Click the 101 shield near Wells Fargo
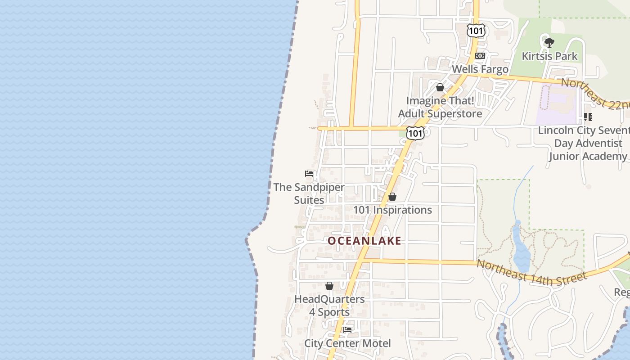pyautogui.click(x=476, y=30)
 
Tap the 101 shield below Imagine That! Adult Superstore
pyautogui.click(x=415, y=133)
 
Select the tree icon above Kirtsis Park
pyautogui.click(x=549, y=43)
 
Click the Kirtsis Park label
pyautogui.click(x=549, y=56)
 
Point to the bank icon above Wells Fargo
pyautogui.click(x=480, y=56)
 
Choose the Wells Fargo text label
pyautogui.click(x=480, y=69)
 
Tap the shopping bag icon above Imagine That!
pyautogui.click(x=440, y=87)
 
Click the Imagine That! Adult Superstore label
pyautogui.click(x=440, y=107)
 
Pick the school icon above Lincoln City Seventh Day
pyautogui.click(x=588, y=117)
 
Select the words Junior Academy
pyautogui.click(x=588, y=156)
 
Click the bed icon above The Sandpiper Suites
pyautogui.click(x=309, y=174)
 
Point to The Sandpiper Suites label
pyautogui.click(x=309, y=193)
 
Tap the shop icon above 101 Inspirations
pyautogui.click(x=392, y=197)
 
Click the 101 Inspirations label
pyautogui.click(x=392, y=210)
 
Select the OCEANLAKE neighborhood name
pyautogui.click(x=364, y=241)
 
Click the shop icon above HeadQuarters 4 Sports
pyautogui.click(x=329, y=286)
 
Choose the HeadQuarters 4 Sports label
pyautogui.click(x=329, y=306)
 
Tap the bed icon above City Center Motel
pyautogui.click(x=347, y=330)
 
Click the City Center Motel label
pyautogui.click(x=347, y=343)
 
